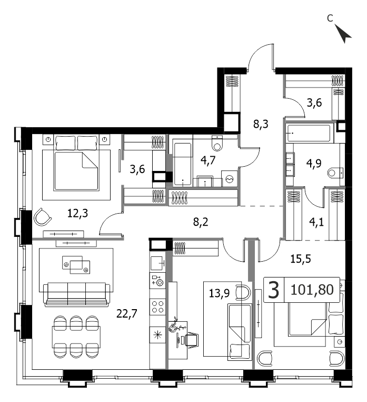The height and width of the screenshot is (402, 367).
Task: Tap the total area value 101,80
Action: [312, 290]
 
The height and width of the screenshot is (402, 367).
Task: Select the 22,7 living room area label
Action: [127, 313]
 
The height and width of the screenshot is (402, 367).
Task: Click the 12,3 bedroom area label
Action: [77, 213]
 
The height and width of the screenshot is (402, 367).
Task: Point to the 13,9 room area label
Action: [220, 293]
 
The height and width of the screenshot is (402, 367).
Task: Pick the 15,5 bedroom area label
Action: [301, 259]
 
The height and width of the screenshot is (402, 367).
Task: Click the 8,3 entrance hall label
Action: [261, 124]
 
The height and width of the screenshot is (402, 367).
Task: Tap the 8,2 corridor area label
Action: [201, 222]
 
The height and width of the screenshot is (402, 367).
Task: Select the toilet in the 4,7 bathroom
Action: [217, 143]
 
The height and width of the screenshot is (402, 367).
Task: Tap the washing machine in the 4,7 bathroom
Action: [230, 178]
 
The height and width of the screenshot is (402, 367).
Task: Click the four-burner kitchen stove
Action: [157, 307]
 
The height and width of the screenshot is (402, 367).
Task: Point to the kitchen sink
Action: [157, 263]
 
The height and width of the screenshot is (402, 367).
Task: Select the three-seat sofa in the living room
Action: [77, 294]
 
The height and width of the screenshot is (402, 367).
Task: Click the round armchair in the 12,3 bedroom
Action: [42, 217]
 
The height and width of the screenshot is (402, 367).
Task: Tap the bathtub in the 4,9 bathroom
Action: [309, 133]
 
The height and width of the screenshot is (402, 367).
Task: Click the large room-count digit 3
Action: [274, 290]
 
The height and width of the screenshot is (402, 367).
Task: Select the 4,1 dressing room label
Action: [316, 222]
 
